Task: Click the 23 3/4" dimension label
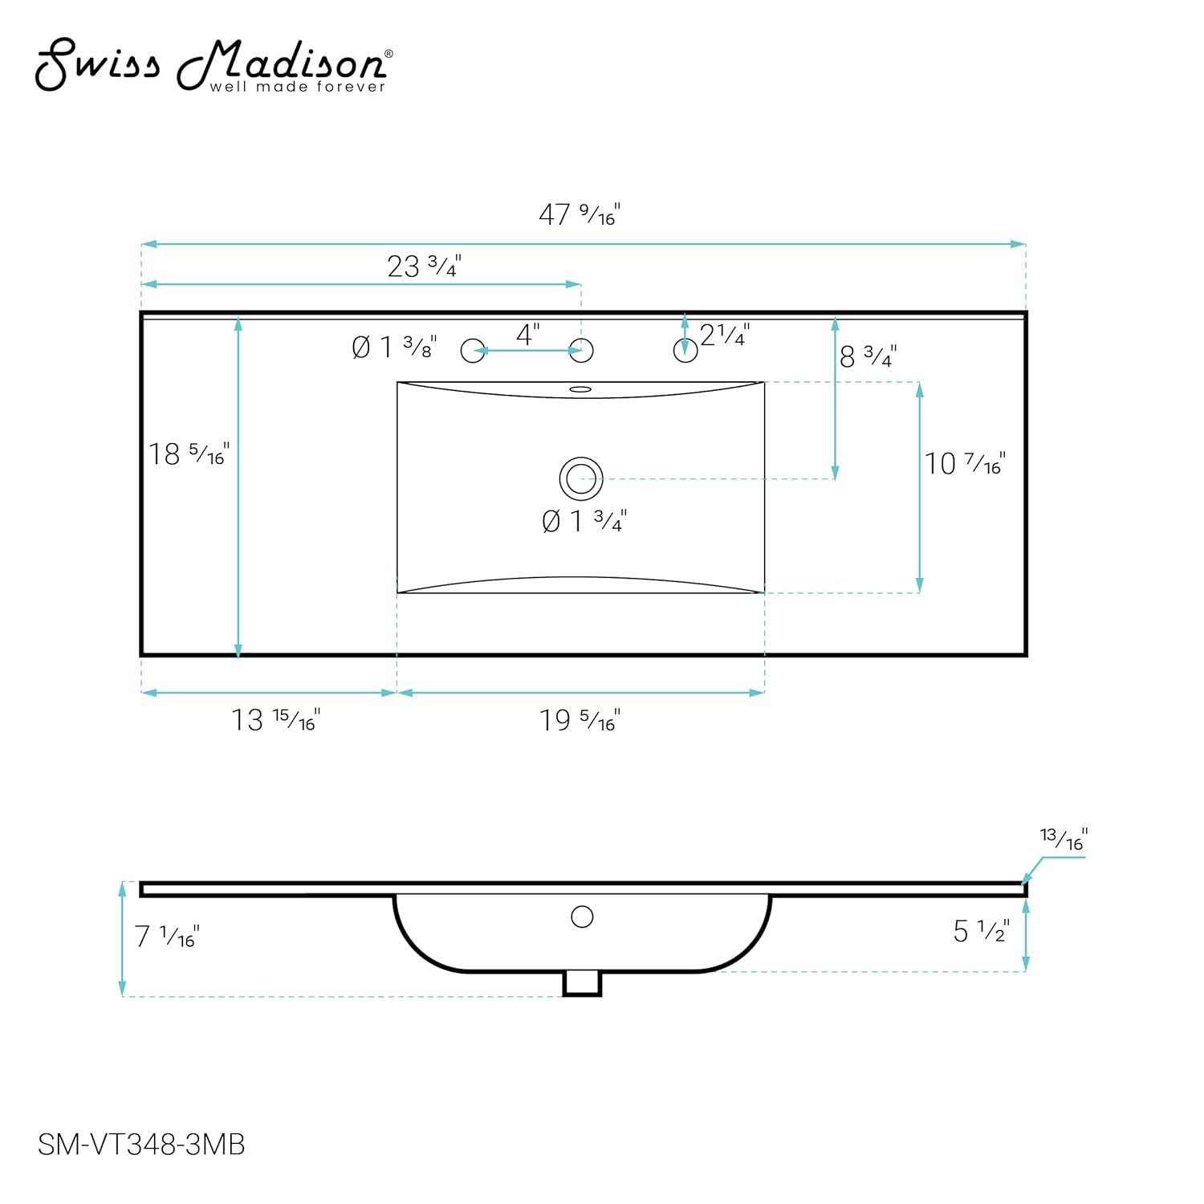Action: point(424,266)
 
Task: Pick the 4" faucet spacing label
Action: point(527,335)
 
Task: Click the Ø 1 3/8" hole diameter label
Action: point(394,348)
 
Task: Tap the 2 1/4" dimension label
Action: point(725,335)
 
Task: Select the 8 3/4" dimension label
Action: point(868,356)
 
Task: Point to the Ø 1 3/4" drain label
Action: point(584,522)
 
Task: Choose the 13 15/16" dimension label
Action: point(275,720)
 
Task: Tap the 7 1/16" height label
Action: point(166,937)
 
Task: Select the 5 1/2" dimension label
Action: point(981,931)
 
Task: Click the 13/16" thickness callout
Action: point(1064,839)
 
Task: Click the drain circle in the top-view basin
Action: point(581,479)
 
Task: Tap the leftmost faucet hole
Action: point(473,351)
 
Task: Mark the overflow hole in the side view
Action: point(582,916)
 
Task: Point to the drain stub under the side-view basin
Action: point(582,983)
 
